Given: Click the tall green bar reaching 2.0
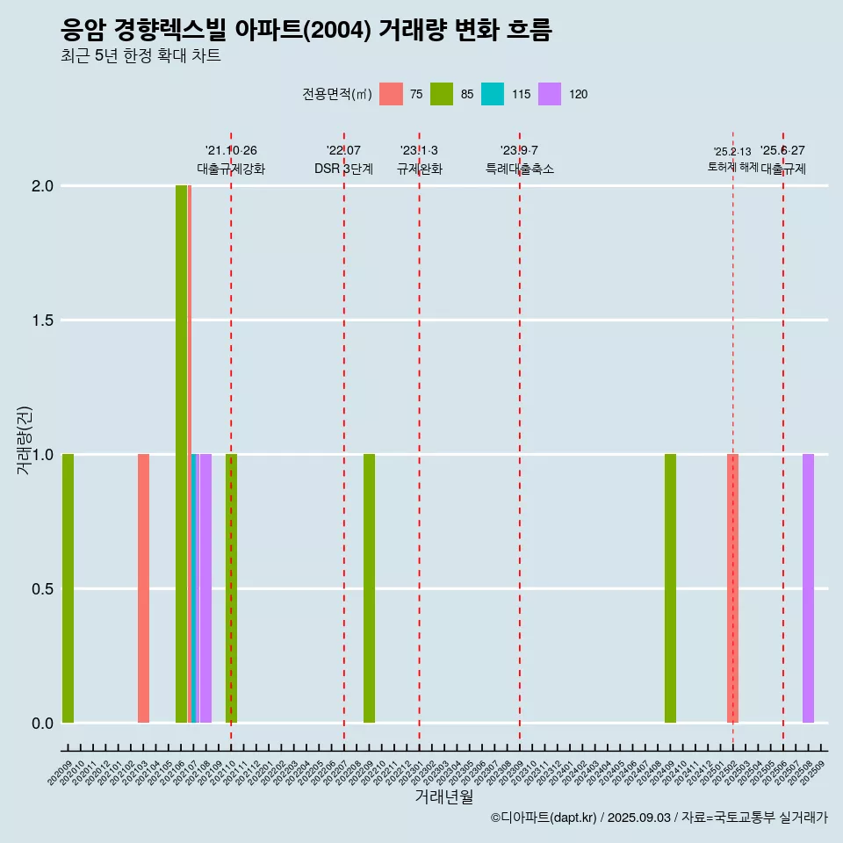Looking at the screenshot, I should (x=181, y=454).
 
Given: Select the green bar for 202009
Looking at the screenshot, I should (x=68, y=588).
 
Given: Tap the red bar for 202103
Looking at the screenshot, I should (x=143, y=588).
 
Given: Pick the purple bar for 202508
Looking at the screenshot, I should (x=808, y=588).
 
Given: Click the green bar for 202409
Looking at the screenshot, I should (x=670, y=588).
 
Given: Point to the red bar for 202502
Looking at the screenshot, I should (x=732, y=588).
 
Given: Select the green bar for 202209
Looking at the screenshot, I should (x=369, y=588).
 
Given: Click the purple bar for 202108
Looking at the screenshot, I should (x=205, y=588).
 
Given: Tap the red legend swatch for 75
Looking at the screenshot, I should (x=391, y=94).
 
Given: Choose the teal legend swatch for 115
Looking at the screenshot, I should (x=493, y=94).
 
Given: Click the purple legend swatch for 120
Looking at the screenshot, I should (x=550, y=94).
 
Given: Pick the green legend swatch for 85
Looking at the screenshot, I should (x=442, y=94).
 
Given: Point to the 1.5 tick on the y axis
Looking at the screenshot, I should (x=43, y=321).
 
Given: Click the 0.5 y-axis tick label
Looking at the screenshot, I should (x=43, y=588).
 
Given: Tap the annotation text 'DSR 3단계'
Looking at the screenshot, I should (x=343, y=169).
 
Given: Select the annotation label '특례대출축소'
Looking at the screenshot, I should (x=520, y=169).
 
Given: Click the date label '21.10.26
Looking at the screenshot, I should (x=231, y=151).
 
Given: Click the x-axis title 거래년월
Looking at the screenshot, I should (x=443, y=796).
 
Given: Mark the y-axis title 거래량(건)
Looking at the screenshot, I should (x=25, y=440).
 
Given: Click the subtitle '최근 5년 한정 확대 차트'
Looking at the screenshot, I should (x=140, y=56).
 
